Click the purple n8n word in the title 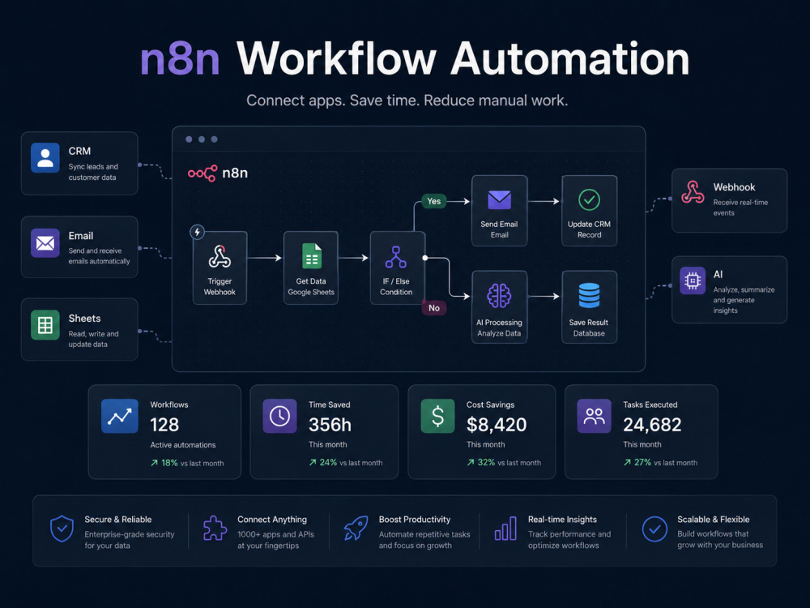coord(180,60)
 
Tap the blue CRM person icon coord(45,157)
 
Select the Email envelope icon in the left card coord(45,242)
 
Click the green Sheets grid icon coord(45,325)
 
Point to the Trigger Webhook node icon coord(220,256)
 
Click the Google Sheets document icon coord(312,256)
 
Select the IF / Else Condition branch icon coord(396,257)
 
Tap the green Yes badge coord(434,201)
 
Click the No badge coord(434,308)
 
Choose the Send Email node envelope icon coord(500,199)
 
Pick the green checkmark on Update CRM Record coord(589,199)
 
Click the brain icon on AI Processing coord(499,296)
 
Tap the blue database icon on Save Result coord(589,295)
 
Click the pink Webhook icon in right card coord(693,192)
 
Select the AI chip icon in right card coord(693,280)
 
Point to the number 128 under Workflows coord(164,425)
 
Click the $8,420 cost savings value coord(497,425)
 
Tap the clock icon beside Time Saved coord(279,416)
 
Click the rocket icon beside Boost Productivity coord(356,529)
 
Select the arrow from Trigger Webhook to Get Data coord(265,258)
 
